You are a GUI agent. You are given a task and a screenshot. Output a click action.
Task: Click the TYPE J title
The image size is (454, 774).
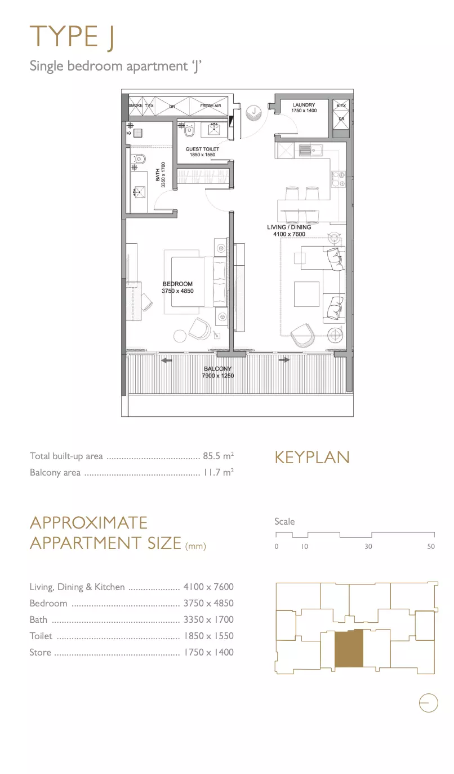72,37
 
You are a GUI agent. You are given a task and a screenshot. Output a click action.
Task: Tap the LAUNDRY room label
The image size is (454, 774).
304,105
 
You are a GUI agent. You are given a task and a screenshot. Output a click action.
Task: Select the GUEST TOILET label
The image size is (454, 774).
202,149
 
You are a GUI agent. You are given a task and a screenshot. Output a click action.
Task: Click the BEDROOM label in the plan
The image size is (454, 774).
177,284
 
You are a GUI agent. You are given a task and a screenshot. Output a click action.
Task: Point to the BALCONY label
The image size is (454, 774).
217,369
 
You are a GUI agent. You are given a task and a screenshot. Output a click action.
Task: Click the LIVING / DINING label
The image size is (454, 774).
289,227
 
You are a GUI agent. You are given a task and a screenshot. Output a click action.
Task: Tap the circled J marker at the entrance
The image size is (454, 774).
254,111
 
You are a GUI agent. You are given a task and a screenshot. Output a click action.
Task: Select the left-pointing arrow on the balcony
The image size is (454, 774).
167,360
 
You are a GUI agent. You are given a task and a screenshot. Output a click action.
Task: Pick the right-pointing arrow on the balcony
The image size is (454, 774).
284,360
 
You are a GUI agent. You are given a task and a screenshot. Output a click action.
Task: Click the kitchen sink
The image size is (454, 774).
310,150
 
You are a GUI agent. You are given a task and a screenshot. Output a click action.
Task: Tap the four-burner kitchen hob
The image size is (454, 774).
338,179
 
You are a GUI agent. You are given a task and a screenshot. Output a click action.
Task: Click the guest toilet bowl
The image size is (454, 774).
188,130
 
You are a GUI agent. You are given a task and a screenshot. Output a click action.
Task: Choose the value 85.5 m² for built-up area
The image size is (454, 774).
218,456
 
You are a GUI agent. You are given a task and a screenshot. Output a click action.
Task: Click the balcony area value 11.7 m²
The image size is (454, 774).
219,472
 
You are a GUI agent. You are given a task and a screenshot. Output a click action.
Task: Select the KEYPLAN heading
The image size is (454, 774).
312,457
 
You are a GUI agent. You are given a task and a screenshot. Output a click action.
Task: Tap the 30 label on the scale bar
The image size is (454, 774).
368,546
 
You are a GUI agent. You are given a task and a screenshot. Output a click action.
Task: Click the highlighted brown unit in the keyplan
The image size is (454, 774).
349,648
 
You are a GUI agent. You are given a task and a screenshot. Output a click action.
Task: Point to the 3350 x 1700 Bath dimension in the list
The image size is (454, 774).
208,619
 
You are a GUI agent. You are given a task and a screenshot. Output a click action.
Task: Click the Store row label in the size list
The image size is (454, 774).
41,652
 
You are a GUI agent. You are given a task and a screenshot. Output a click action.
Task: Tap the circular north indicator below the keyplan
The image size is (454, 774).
429,703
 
